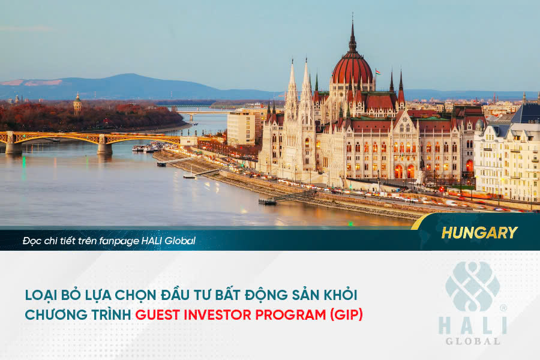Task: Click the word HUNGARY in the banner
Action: click(x=479, y=233)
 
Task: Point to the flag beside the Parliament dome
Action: click(x=378, y=72)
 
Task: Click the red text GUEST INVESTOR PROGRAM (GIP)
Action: click(x=249, y=314)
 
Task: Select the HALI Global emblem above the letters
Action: click(x=472, y=287)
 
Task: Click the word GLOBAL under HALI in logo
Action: click(x=472, y=341)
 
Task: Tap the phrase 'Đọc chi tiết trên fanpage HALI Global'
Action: click(x=109, y=241)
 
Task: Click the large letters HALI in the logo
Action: click(x=472, y=325)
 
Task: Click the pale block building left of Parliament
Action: click(x=241, y=127)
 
